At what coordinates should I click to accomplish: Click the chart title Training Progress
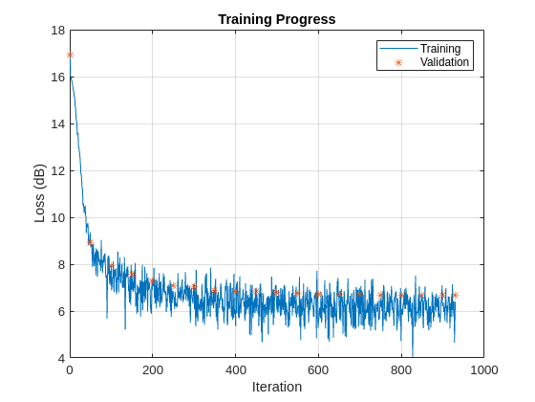[x=276, y=19]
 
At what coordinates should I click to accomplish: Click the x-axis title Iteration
[x=276, y=387]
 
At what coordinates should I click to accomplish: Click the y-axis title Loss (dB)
[x=39, y=194]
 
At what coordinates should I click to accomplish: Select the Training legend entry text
[x=440, y=49]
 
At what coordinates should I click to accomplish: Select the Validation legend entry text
[x=444, y=62]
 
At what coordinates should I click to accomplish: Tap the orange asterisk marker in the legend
[x=398, y=62]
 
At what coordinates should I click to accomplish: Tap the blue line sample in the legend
[x=398, y=49]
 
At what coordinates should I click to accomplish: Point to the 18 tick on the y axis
[x=57, y=31]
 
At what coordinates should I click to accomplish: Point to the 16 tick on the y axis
[x=57, y=78]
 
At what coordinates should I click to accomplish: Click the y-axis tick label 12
[x=57, y=171]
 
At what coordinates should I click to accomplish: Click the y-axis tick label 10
[x=57, y=218]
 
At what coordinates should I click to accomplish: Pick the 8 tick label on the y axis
[x=60, y=265]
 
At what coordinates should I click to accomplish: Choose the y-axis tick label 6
[x=60, y=312]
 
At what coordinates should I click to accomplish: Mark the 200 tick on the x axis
[x=153, y=369]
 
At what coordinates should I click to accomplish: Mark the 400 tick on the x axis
[x=235, y=369]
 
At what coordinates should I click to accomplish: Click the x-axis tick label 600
[x=318, y=369]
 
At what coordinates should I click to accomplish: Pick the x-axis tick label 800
[x=401, y=369]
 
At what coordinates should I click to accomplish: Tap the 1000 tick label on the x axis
[x=483, y=369]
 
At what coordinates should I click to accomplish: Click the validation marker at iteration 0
[x=70, y=55]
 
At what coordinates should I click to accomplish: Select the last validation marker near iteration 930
[x=455, y=295]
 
